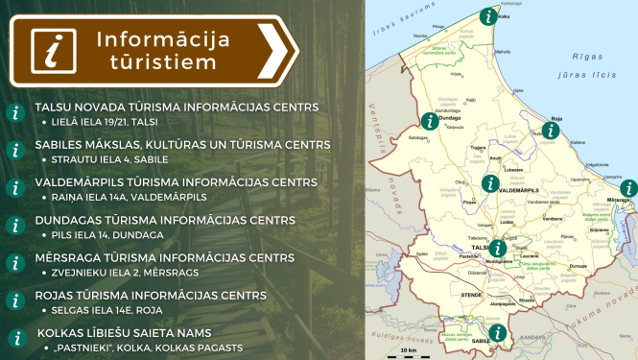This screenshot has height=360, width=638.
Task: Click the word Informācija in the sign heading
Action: [174, 40]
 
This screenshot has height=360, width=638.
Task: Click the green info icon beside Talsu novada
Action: [14, 112]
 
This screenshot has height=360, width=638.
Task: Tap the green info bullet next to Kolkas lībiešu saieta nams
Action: [14, 338]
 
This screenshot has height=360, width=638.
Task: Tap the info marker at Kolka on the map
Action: [489, 15]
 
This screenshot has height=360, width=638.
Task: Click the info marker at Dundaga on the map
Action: [429, 121]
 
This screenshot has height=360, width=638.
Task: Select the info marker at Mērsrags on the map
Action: [627, 188]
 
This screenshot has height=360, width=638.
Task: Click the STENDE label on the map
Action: [470, 296]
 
